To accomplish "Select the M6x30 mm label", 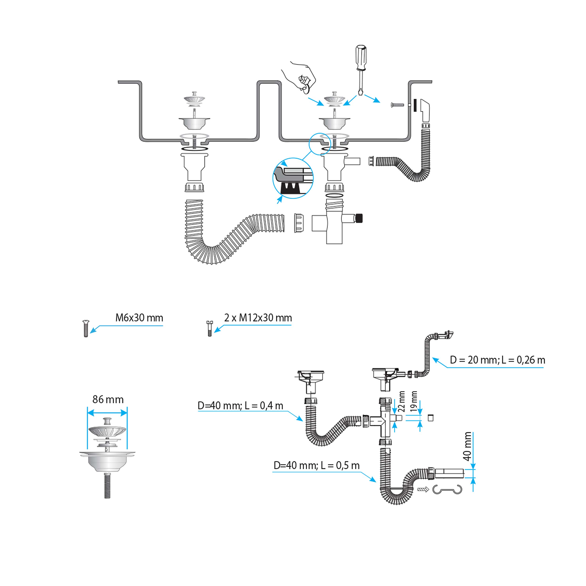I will click(x=139, y=318).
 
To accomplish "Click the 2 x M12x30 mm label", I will click(x=258, y=318).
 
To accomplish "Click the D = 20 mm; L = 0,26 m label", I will click(x=498, y=360).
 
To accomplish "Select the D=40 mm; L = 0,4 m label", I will click(x=240, y=406).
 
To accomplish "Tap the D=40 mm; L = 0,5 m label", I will click(x=316, y=466).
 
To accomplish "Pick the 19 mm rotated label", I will click(x=414, y=401).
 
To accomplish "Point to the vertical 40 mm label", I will click(x=467, y=446).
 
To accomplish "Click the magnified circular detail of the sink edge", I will click(x=293, y=178).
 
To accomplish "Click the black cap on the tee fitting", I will click(x=359, y=218).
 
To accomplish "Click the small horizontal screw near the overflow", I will click(x=397, y=105).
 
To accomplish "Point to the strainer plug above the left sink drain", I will click(x=194, y=99).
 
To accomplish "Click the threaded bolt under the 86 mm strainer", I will click(x=107, y=485).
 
